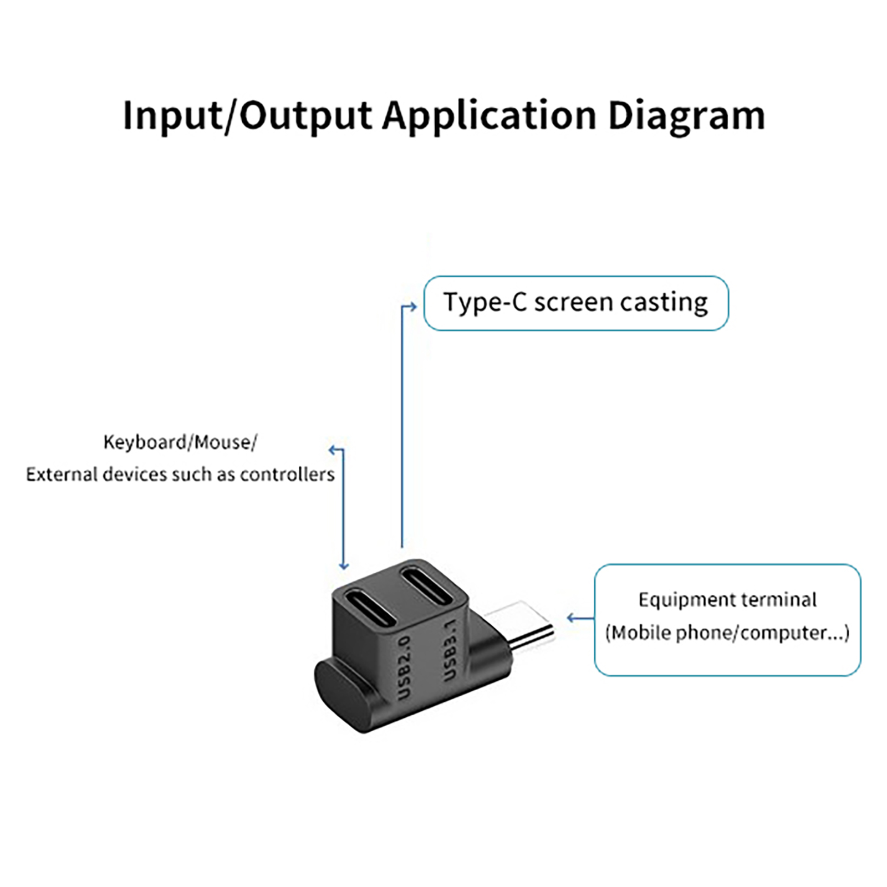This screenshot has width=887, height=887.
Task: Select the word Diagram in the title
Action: [x=686, y=116]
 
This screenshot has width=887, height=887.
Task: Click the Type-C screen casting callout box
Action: [x=575, y=303]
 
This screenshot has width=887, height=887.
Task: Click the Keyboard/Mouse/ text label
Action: [x=180, y=442]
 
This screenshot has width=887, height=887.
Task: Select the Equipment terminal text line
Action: [x=727, y=600]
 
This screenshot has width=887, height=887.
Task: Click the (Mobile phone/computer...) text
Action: [x=727, y=633]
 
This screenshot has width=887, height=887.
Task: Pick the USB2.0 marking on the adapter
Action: [x=405, y=667]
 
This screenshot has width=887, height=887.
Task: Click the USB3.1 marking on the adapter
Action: [x=451, y=650]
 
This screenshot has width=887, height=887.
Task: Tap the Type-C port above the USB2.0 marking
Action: [x=370, y=608]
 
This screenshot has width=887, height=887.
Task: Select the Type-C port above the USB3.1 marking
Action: [x=427, y=585]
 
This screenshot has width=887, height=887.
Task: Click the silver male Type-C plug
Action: [x=527, y=626]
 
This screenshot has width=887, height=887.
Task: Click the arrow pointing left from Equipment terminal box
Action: [x=572, y=618]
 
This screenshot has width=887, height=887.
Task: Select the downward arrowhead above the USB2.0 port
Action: [x=344, y=566]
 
